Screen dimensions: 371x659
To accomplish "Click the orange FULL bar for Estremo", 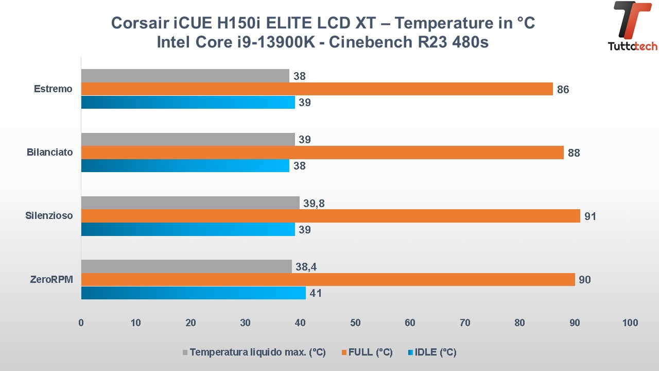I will pos(317,89).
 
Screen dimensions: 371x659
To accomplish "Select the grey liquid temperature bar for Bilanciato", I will pos(188,140).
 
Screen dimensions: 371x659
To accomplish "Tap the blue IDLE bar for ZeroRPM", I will pos(193,293).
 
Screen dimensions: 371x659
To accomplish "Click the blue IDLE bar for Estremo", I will pos(188,102).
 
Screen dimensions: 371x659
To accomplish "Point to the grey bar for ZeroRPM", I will pos(186,266).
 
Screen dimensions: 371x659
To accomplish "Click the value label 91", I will pos(590,216).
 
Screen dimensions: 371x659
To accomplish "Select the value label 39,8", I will pos(314,204).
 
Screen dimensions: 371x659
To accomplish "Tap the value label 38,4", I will pos(306,267).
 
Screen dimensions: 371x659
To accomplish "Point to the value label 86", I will pos(563,90).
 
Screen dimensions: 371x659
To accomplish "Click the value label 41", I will pos(316,294).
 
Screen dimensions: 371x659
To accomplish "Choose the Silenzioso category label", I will pos(49,216).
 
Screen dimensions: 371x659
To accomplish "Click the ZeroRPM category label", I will pos(51,279).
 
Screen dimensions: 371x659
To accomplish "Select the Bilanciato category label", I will pos(49,153).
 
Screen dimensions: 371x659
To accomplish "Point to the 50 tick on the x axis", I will pos(355,323).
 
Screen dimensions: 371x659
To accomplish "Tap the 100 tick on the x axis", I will pos(630,323).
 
